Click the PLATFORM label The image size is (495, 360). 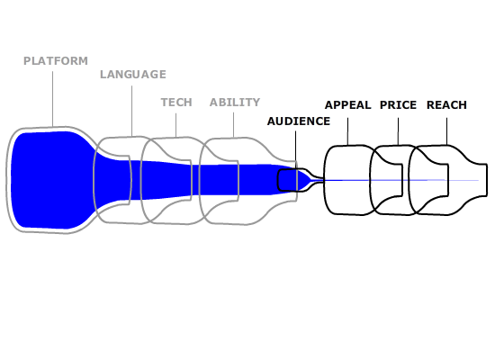click(x=56, y=61)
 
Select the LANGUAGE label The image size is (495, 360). click(x=133, y=75)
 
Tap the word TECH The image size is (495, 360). click(x=176, y=103)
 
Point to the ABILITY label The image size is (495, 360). click(x=235, y=103)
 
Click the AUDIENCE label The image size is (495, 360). click(x=299, y=121)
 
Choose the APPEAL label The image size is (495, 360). click(x=348, y=104)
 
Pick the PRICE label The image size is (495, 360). click(x=398, y=104)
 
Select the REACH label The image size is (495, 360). click(x=446, y=104)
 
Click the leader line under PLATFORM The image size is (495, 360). click(x=53, y=99)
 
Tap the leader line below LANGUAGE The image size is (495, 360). click(x=132, y=112)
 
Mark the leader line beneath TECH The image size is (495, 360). click(x=175, y=125)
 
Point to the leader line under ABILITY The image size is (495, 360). click(x=234, y=125)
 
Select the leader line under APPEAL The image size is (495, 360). click(x=348, y=131)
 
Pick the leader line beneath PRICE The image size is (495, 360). click(x=398, y=131)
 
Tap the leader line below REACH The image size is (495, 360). click(x=446, y=131)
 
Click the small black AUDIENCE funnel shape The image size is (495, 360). click(x=278, y=180)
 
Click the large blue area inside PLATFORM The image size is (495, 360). click(x=50, y=180)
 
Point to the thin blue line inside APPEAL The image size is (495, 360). click(x=347, y=180)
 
